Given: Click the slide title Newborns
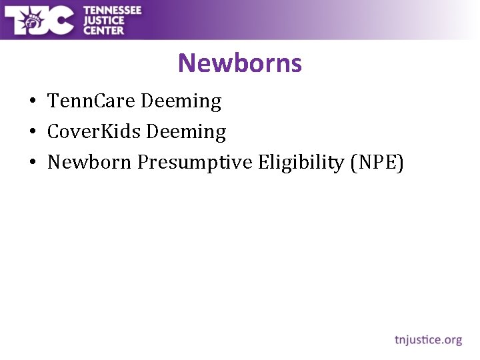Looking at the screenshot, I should click(x=240, y=63).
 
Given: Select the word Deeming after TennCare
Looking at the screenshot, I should click(x=181, y=101).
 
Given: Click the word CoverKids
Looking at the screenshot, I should click(x=94, y=132).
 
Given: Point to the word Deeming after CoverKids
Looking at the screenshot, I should click(x=186, y=132).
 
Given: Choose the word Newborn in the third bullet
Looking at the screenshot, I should click(x=89, y=163).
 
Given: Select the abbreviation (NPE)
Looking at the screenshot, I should click(x=377, y=163).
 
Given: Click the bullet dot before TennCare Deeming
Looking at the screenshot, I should click(x=32, y=102).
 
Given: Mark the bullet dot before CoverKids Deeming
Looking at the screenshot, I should click(x=32, y=133).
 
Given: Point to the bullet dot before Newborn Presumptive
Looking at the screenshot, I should click(x=32, y=163).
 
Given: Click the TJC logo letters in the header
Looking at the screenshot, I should click(x=40, y=20).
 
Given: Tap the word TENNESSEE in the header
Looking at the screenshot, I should click(x=113, y=10).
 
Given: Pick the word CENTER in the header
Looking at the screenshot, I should click(x=103, y=30).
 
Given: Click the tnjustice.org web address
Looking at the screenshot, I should click(x=428, y=340).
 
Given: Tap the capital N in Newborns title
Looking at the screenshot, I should click(x=187, y=64).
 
